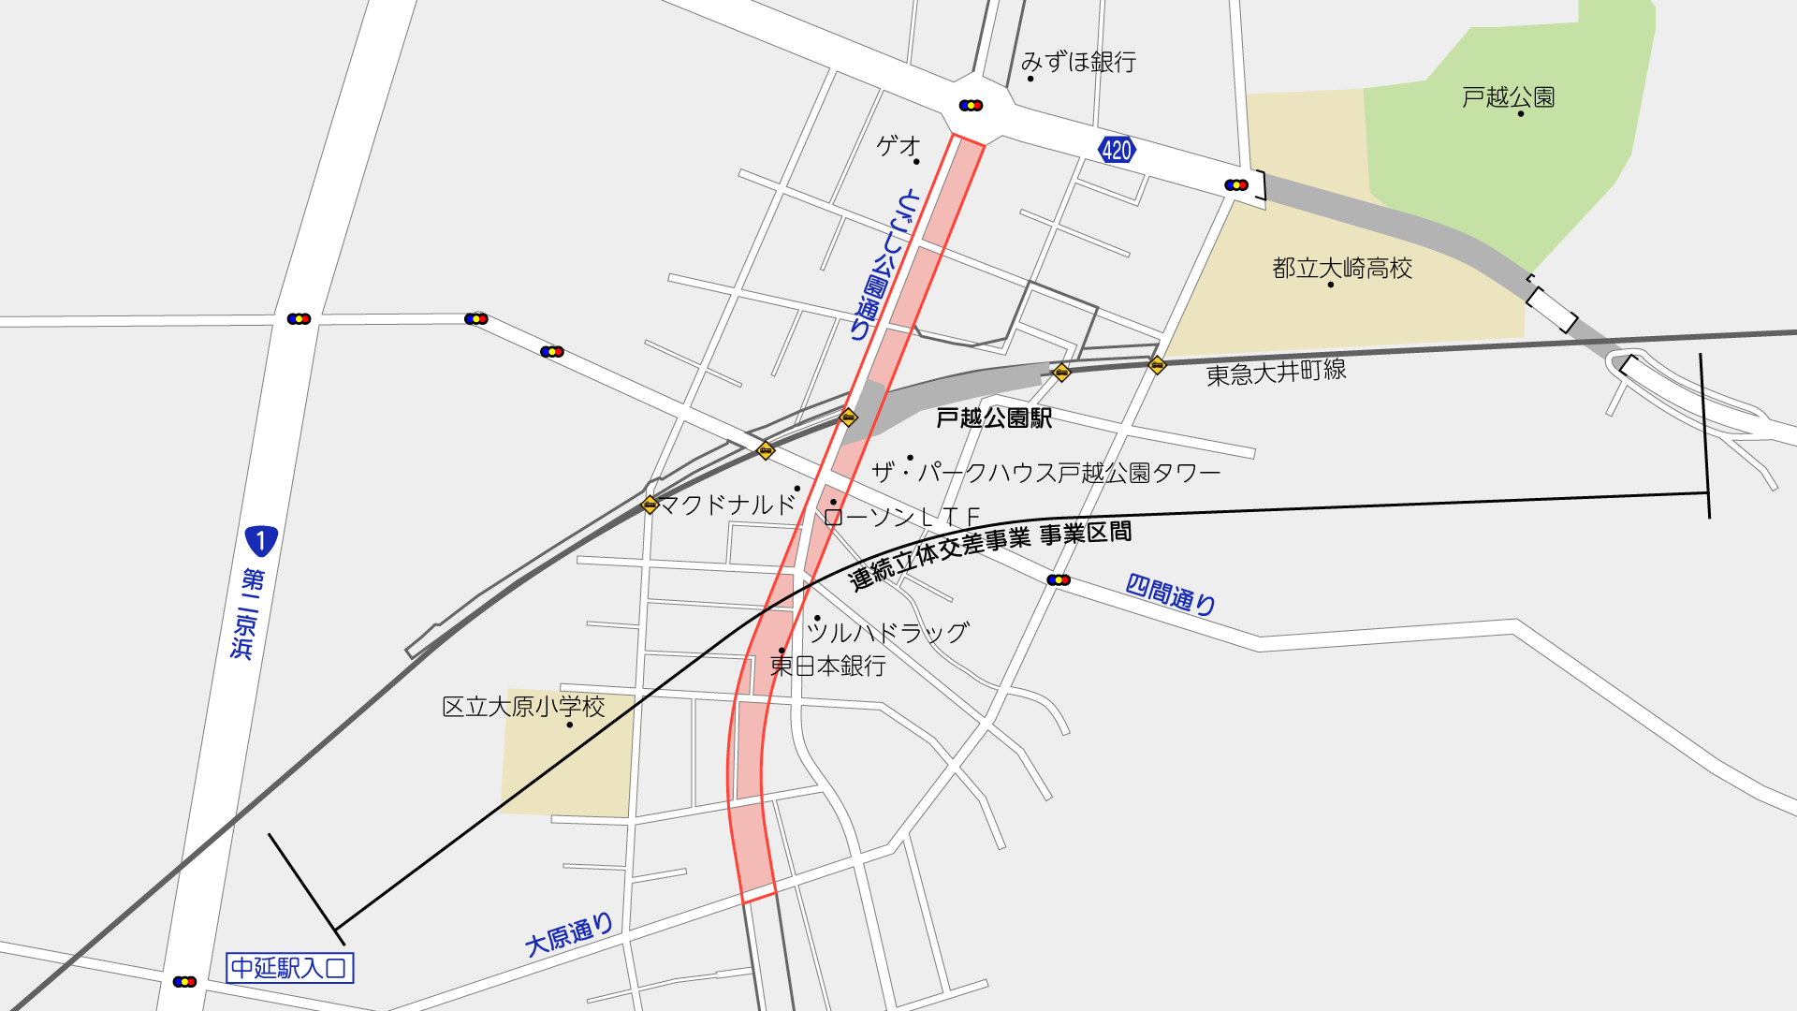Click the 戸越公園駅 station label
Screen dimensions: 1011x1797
994,418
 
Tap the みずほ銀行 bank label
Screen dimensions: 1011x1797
1078,62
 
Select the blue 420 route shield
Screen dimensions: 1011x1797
1117,150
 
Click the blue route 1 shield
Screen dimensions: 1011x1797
260,540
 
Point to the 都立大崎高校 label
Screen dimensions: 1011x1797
1341,269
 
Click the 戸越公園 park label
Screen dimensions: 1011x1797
1508,97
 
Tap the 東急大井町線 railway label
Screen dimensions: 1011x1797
1276,373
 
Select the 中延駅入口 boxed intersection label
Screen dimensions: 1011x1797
290,967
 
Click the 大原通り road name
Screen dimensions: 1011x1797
569,935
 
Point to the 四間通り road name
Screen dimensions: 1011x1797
1170,594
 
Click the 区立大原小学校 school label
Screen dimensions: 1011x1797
523,707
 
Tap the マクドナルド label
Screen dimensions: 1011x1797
727,505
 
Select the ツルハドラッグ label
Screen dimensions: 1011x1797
887,633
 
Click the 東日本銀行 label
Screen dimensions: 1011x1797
827,666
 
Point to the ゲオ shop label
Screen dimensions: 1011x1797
898,146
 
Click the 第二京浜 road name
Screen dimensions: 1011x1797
247,613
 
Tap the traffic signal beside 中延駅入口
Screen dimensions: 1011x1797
184,981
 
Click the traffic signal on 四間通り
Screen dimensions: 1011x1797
1059,580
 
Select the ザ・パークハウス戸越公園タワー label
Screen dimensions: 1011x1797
1045,473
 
